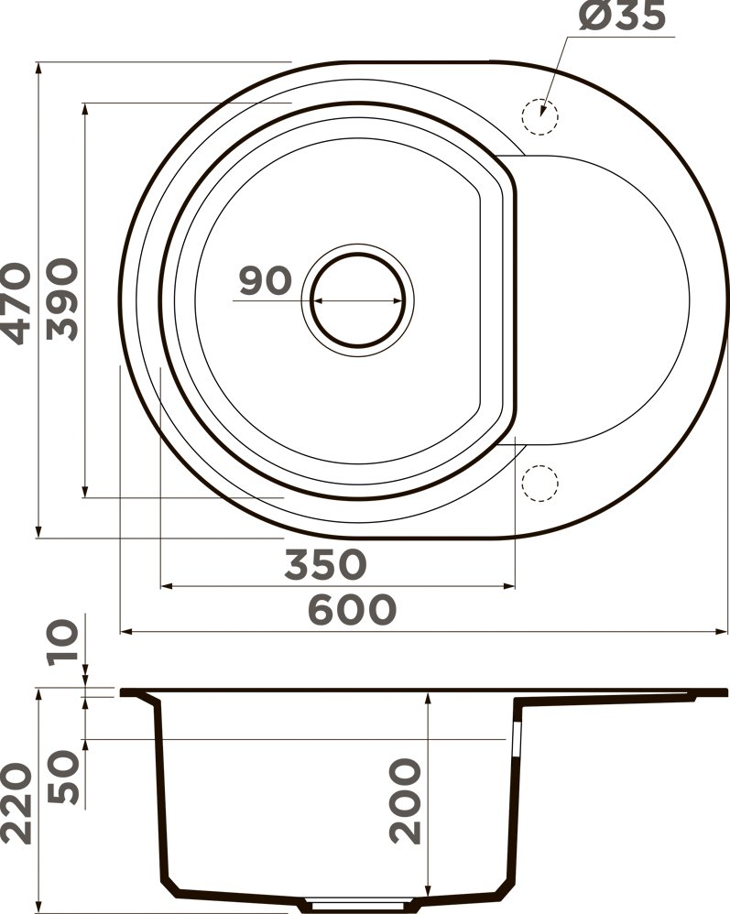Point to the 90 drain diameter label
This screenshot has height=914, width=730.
(264, 281)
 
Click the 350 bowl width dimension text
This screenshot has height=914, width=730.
(325, 564)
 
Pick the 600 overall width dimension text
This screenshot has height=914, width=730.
(352, 609)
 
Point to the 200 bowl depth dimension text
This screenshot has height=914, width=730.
(406, 800)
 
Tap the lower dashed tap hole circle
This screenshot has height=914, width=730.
(539, 483)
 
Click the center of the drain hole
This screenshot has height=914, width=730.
(357, 299)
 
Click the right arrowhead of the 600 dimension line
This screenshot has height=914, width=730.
(724, 631)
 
